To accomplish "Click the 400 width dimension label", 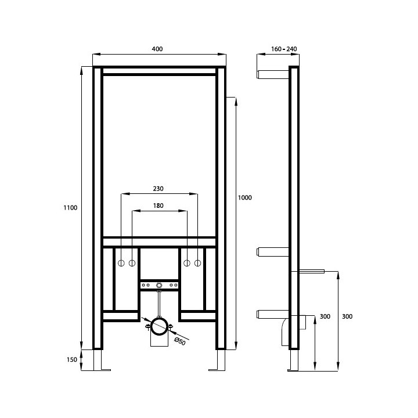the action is (157, 49).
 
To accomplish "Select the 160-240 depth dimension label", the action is (284, 49).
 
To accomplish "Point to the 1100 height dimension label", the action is (70, 208).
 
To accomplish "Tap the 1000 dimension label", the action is (245, 197).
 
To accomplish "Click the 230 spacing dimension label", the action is (158, 189).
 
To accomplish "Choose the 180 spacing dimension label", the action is (158, 206).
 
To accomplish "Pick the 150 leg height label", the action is (72, 359).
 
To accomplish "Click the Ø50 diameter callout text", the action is (179, 341).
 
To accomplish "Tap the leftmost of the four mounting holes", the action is (121, 263).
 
